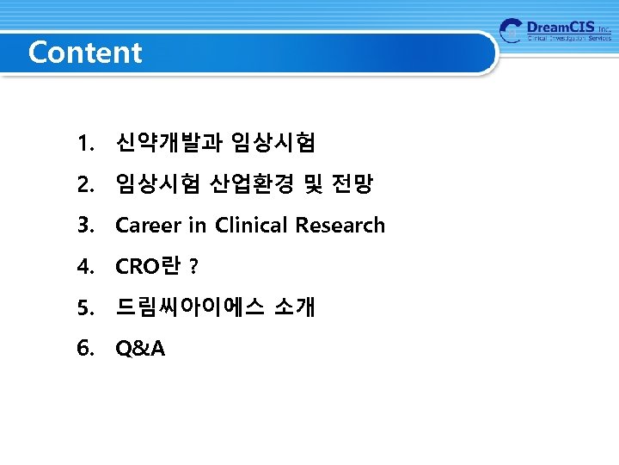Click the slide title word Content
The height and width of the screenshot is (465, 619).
click(x=85, y=53)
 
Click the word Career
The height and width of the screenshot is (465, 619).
click(x=148, y=226)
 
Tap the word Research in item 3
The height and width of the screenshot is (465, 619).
click(x=340, y=226)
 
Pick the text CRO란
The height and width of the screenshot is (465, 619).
click(x=147, y=267)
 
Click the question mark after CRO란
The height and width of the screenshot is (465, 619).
click(x=193, y=268)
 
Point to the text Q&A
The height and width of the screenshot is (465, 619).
click(x=140, y=348)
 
